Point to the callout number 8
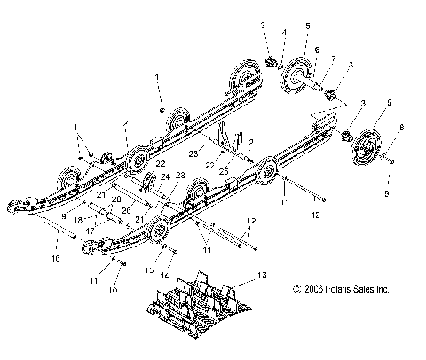(406, 129)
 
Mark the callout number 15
(148, 270)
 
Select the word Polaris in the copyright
(339, 289)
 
